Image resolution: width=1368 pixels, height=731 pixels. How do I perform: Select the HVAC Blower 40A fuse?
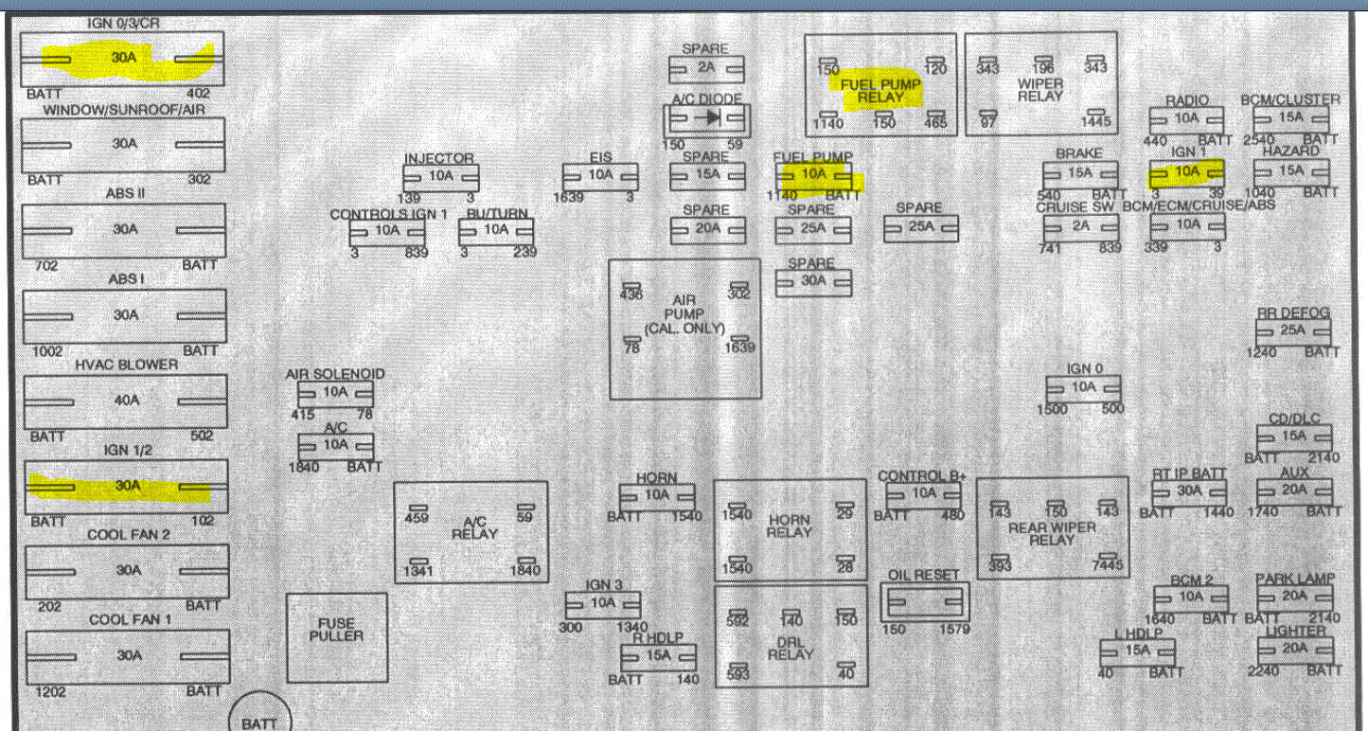(x=126, y=401)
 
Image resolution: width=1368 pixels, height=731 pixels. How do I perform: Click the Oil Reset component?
(x=925, y=602)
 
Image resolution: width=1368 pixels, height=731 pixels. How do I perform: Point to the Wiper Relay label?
(x=1039, y=89)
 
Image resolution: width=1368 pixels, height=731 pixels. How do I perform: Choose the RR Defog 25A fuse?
(x=1293, y=331)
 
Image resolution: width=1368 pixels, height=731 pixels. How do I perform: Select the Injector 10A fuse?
(x=440, y=177)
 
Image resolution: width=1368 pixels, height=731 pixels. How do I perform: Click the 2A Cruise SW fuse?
(x=1080, y=227)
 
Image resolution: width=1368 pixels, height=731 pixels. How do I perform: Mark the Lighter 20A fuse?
(x=1294, y=649)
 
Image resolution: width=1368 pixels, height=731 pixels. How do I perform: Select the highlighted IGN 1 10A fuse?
(x=1186, y=172)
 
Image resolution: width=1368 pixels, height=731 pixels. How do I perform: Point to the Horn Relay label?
(x=789, y=526)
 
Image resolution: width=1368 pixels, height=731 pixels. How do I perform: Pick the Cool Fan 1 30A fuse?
(x=126, y=655)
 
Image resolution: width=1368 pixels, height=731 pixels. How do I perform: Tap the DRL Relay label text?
(x=791, y=648)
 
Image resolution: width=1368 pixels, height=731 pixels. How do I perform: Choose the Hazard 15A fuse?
(x=1291, y=171)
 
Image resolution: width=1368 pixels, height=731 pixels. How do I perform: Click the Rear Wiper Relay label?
(x=1052, y=533)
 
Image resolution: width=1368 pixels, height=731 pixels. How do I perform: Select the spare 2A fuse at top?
(x=706, y=68)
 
